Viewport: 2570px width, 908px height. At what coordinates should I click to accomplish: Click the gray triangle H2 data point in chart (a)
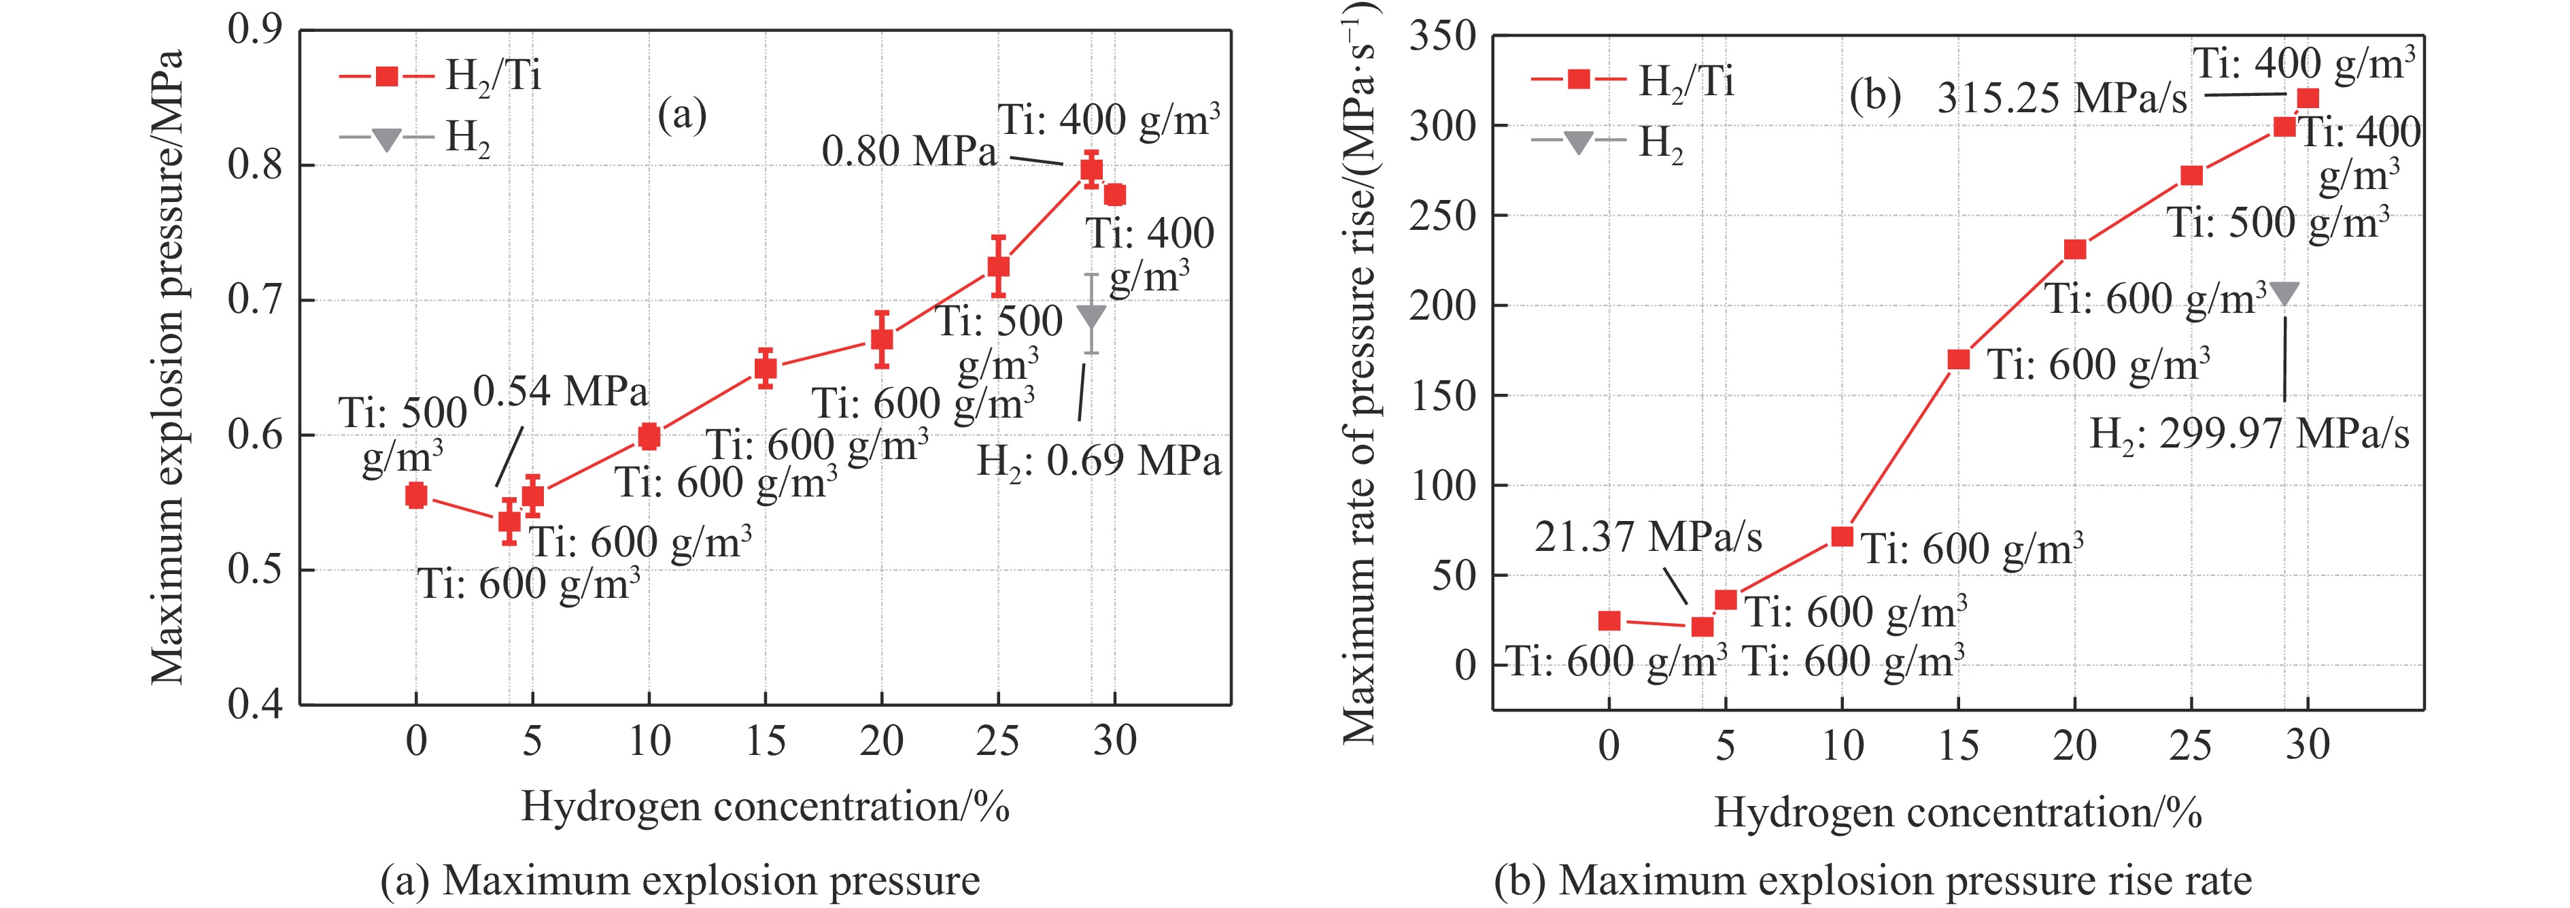pos(1091,316)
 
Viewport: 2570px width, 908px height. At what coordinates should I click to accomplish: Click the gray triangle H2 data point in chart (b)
pos(2284,293)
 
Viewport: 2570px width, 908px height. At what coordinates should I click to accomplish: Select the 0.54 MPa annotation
pos(561,391)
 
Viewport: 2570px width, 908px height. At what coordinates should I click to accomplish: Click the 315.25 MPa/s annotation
pos(2062,99)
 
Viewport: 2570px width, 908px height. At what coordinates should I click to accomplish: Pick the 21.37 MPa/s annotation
pos(1648,537)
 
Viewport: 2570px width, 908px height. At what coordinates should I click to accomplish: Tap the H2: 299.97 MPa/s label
pos(2250,434)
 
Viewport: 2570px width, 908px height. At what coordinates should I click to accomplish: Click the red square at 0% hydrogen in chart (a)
pos(416,495)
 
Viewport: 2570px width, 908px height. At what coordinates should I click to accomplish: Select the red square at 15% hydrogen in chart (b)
pos(1958,359)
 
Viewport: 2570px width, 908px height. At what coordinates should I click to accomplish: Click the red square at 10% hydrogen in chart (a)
pos(649,436)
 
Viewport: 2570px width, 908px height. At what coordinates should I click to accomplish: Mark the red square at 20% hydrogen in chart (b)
pos(2075,248)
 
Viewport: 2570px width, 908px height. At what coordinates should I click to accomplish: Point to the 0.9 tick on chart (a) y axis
pos(256,30)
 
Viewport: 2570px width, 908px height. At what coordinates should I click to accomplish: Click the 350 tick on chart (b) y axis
pos(1441,37)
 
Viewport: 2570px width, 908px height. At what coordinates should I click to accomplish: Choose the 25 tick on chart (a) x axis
pos(997,741)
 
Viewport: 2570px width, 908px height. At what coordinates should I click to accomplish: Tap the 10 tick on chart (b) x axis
pos(1842,746)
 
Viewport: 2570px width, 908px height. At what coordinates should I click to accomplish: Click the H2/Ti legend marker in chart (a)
pos(386,75)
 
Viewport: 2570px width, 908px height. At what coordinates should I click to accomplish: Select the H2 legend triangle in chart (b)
pos(1577,141)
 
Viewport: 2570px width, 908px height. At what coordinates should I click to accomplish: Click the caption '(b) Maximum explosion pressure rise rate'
pos(1872,881)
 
